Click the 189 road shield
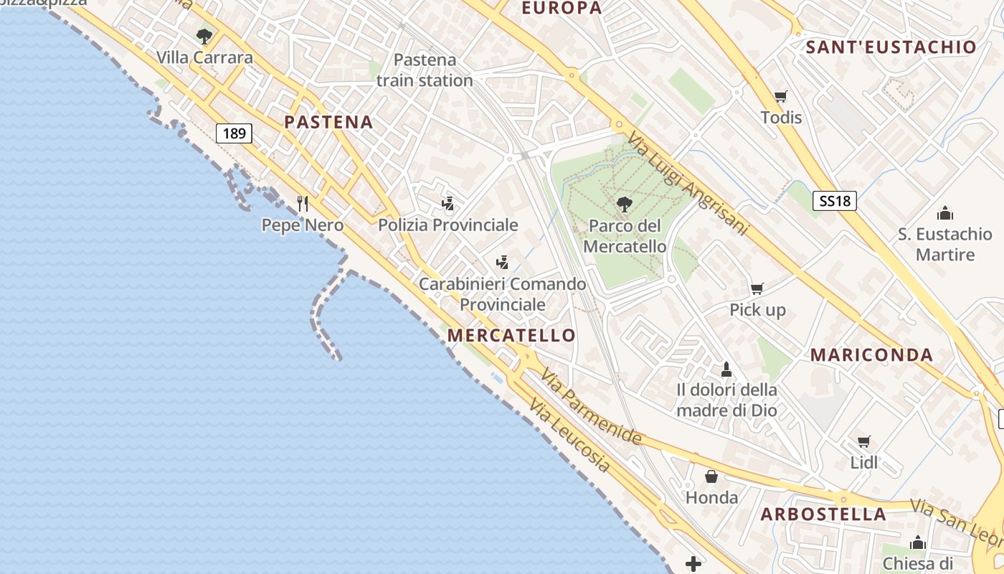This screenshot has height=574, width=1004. pyautogui.click(x=234, y=133)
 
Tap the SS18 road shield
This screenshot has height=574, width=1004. pyautogui.click(x=835, y=201)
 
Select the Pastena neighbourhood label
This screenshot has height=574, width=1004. pyautogui.click(x=328, y=122)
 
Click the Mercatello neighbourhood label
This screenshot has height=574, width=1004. pyautogui.click(x=511, y=335)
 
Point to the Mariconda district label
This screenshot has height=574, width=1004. pyautogui.click(x=871, y=354)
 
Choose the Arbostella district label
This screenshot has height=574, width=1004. pyautogui.click(x=823, y=514)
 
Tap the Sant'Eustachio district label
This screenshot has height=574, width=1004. pyautogui.click(x=891, y=47)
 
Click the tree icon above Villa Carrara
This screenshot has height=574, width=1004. pyautogui.click(x=204, y=37)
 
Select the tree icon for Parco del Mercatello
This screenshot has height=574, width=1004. pyautogui.click(x=624, y=204)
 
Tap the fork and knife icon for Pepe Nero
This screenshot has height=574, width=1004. pyautogui.click(x=303, y=204)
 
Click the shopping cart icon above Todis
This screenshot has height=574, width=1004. pyautogui.click(x=780, y=96)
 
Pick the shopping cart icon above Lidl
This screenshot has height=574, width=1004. pyautogui.click(x=863, y=441)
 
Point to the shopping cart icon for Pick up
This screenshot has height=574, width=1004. pyautogui.click(x=757, y=289)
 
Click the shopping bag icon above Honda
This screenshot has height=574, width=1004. pyautogui.click(x=711, y=476)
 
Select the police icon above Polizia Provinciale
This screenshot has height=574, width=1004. pyautogui.click(x=448, y=204)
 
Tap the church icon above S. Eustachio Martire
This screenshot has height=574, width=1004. pyautogui.click(x=944, y=213)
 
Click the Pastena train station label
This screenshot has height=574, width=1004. pyautogui.click(x=425, y=70)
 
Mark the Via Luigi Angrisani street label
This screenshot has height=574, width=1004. pyautogui.click(x=686, y=184)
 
